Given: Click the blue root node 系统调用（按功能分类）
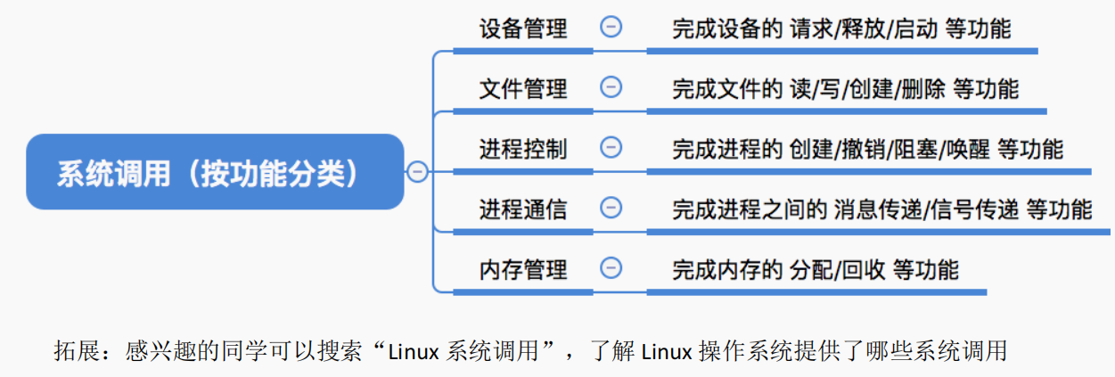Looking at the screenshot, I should pos(215,172).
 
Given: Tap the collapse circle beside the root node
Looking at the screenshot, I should pos(417,173).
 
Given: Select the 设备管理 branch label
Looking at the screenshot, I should pos(523,29).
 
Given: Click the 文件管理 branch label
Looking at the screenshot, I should pos(523,88).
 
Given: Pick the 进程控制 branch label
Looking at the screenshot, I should pos(523,148).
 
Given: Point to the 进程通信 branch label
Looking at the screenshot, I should pos(523,209).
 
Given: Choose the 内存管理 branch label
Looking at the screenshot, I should pos(523,269).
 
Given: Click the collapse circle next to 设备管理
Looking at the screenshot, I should pos(611,27).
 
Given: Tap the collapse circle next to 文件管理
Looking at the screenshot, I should pos(611,86).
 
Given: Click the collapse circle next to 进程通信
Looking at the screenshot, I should pos(611,208).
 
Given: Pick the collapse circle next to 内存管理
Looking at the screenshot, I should pos(611,267).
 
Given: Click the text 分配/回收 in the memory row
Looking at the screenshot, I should pos(837,269).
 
